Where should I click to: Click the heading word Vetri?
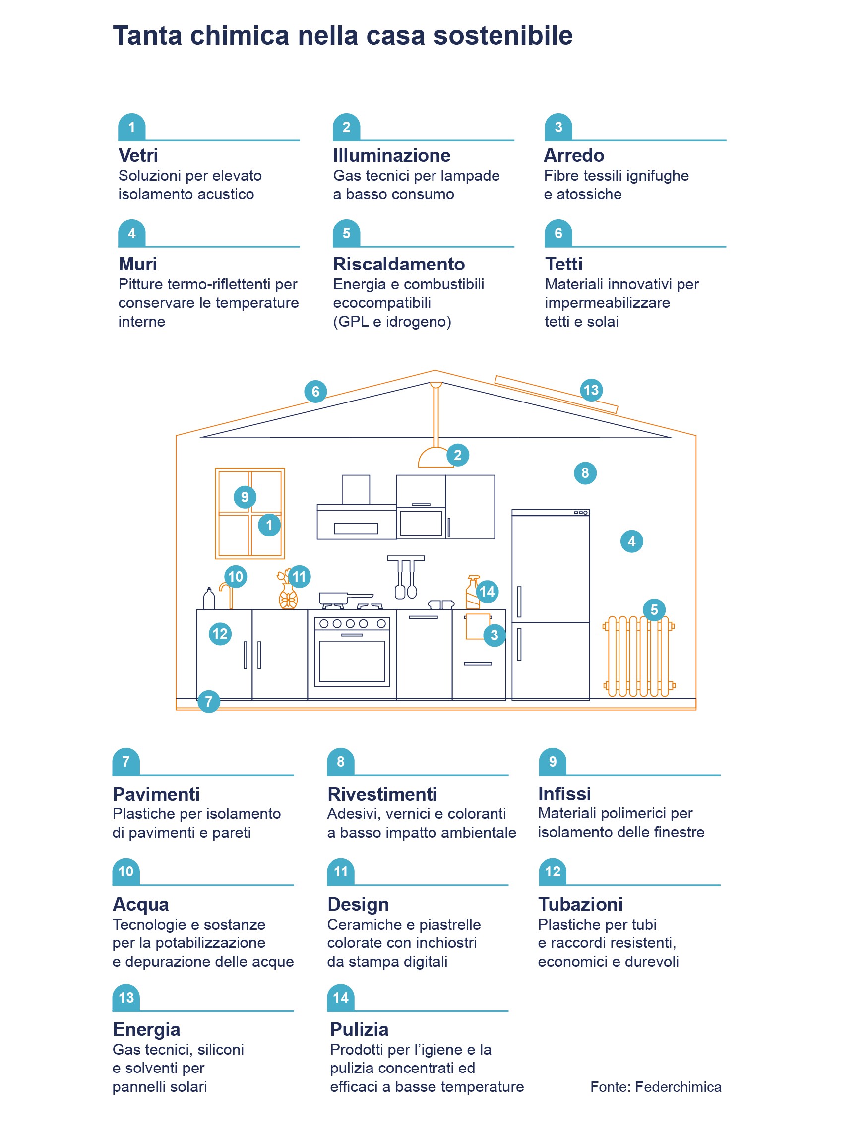click(138, 155)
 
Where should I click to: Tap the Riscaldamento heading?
click(398, 264)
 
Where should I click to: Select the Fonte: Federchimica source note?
click(655, 1087)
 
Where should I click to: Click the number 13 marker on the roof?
click(590, 390)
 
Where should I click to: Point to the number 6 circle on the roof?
click(315, 392)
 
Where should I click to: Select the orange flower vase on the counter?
click(288, 597)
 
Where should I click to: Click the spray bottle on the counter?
click(472, 594)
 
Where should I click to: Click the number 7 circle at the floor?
click(208, 701)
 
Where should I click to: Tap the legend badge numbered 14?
click(341, 998)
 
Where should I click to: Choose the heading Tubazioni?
click(580, 904)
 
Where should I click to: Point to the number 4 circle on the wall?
click(631, 541)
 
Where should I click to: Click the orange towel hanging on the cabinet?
click(476, 626)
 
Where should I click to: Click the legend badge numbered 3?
click(558, 127)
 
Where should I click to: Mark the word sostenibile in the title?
click(502, 36)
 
